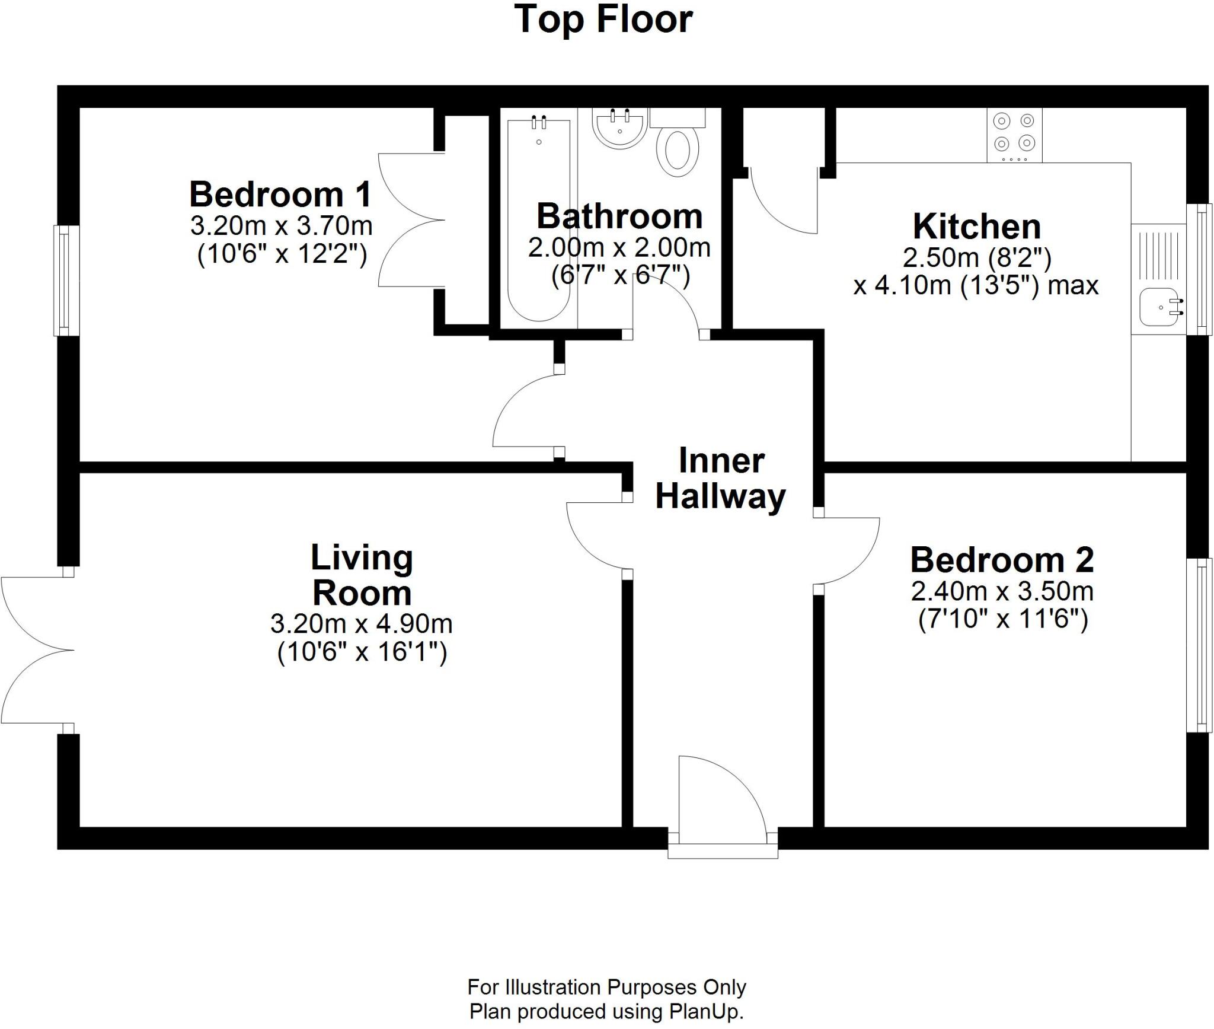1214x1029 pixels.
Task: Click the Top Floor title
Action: pyautogui.click(x=603, y=19)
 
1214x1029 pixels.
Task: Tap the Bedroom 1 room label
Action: pyautogui.click(x=280, y=194)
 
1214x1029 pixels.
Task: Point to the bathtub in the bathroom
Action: pyautogui.click(x=539, y=219)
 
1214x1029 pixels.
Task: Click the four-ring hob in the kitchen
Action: pyautogui.click(x=1014, y=136)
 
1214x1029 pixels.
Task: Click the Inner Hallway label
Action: pyautogui.click(x=720, y=479)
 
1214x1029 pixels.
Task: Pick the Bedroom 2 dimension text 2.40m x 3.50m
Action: pyautogui.click(x=1002, y=591)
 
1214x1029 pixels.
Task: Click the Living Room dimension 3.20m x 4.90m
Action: pyautogui.click(x=362, y=623)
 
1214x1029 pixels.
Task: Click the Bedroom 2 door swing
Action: pyautogui.click(x=848, y=552)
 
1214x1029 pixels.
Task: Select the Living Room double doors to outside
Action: pyautogui.click(x=36, y=650)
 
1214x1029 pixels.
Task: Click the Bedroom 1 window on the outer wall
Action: pyautogui.click(x=67, y=280)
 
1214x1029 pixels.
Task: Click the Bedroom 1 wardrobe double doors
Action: pyautogui.click(x=411, y=221)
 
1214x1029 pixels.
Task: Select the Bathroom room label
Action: pyautogui.click(x=619, y=216)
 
